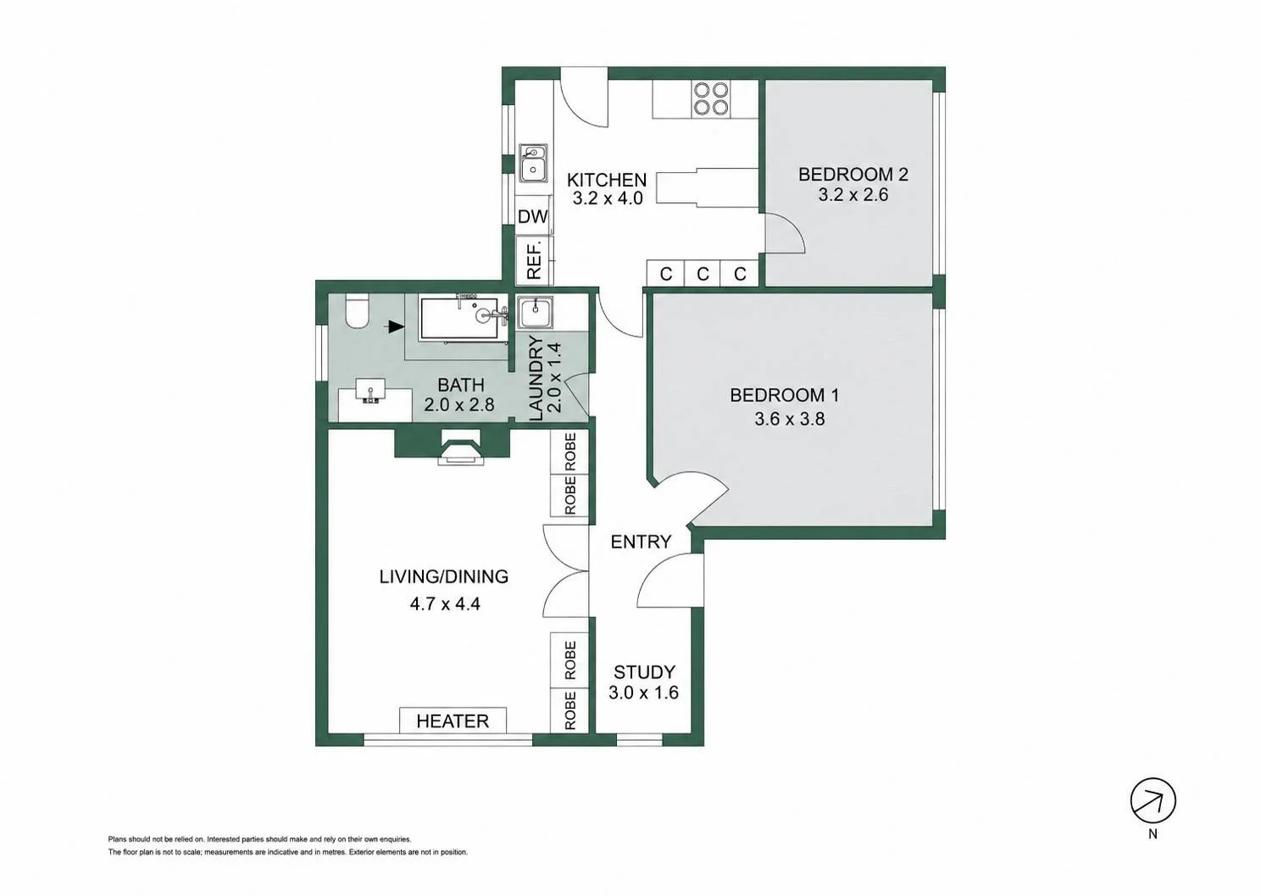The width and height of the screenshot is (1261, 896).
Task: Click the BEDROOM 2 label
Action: [853, 175]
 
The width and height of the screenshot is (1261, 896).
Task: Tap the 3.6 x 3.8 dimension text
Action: [789, 419]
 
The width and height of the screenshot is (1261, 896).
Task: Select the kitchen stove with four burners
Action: [711, 99]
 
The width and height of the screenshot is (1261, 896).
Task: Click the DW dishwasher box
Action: [532, 216]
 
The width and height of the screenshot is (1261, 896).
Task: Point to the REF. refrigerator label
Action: [534, 259]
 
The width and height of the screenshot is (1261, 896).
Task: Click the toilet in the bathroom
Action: [357, 311]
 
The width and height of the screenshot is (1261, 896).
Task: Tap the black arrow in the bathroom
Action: [396, 326]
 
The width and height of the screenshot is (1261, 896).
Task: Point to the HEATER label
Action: [453, 721]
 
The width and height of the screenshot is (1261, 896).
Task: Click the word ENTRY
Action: [641, 542]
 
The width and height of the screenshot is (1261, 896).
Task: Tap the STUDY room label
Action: [644, 672]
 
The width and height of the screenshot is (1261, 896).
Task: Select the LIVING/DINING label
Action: [443, 576]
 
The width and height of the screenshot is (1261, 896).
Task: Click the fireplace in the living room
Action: [461, 448]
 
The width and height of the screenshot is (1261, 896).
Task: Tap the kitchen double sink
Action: [533, 164]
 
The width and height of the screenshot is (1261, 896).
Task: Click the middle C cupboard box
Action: [703, 274]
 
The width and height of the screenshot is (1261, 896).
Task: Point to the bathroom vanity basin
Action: [369, 390]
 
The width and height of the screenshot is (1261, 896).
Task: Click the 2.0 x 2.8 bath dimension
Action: [458, 404]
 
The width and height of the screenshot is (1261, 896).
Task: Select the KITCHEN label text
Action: [606, 181]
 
